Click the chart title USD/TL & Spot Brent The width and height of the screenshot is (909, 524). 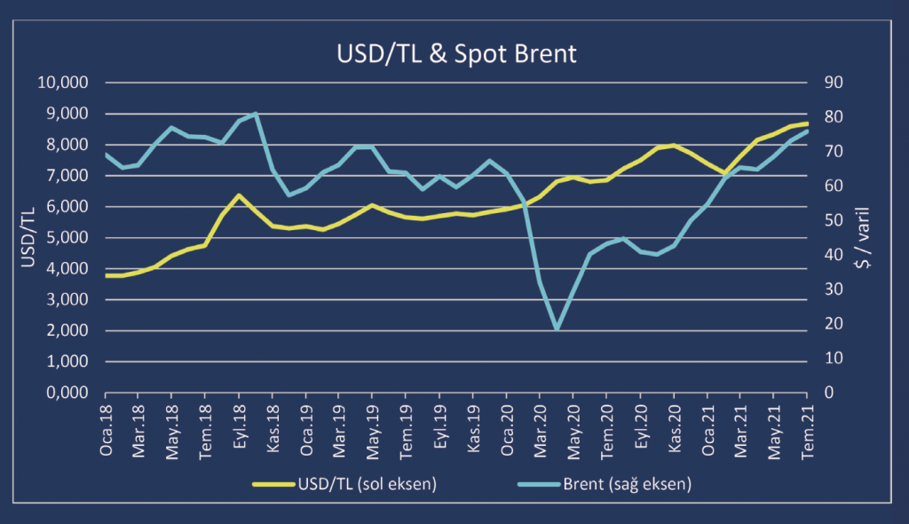pyautogui.click(x=456, y=53)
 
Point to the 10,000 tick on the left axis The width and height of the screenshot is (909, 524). pyautogui.click(x=64, y=83)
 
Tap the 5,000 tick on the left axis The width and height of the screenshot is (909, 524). pyautogui.click(x=67, y=238)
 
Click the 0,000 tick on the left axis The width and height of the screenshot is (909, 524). pyautogui.click(x=67, y=393)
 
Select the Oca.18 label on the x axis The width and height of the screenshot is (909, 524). pyautogui.click(x=107, y=432)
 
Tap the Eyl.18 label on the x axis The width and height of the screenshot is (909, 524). pyautogui.click(x=241, y=432)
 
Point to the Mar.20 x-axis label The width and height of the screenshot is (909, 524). pyautogui.click(x=541, y=432)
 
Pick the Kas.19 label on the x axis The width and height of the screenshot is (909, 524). pyautogui.click(x=474, y=432)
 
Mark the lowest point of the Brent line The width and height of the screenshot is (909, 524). pyautogui.click(x=557, y=329)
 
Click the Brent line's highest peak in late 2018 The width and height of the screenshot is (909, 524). pyautogui.click(x=257, y=114)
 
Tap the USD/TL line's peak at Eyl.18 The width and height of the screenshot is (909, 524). pyautogui.click(x=239, y=195)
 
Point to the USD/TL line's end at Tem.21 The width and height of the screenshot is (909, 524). pyautogui.click(x=806, y=123)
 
